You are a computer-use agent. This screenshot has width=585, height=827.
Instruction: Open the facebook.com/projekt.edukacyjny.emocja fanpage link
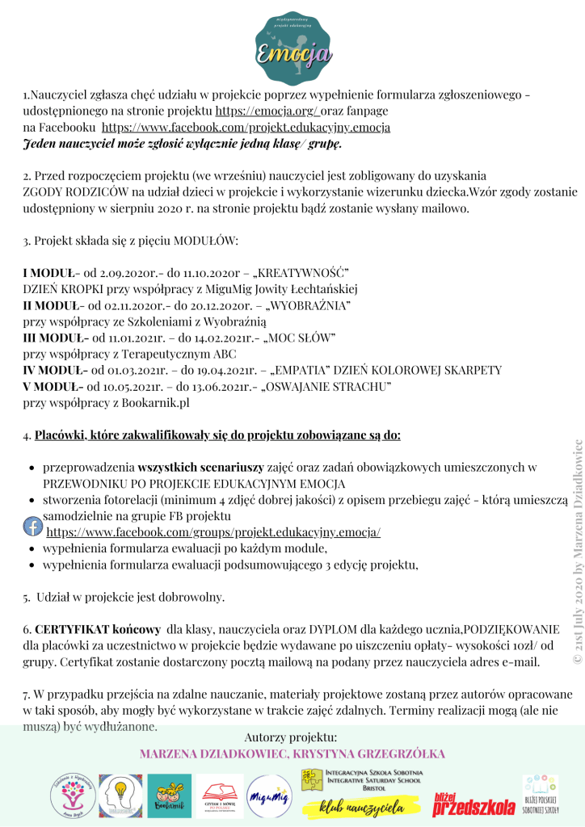pos(246,127)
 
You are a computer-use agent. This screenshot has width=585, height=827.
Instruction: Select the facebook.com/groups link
pos(213,533)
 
